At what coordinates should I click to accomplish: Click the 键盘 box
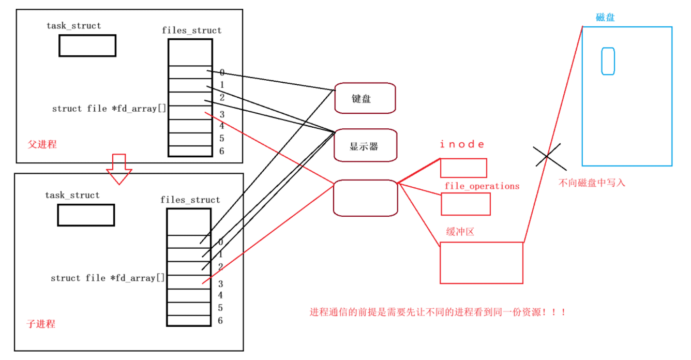click(x=365, y=98)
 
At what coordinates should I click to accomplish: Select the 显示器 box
click(x=365, y=146)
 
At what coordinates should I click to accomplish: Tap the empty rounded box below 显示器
click(x=365, y=198)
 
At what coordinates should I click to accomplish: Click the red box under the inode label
click(x=463, y=168)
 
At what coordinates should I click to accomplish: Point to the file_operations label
click(x=482, y=186)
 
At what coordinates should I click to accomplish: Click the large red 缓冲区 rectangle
click(x=481, y=263)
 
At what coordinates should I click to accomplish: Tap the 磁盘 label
click(x=605, y=18)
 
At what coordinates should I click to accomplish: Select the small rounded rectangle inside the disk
click(x=608, y=61)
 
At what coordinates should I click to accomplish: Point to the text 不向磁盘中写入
click(x=592, y=183)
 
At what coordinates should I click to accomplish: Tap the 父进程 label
click(x=42, y=144)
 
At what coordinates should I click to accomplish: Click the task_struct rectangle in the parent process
click(x=87, y=46)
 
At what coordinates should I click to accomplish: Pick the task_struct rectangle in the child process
click(x=86, y=215)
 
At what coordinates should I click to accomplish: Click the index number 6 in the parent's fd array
click(x=221, y=151)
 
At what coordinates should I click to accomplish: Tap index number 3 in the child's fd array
click(x=220, y=283)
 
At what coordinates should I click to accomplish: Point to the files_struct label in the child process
click(x=190, y=200)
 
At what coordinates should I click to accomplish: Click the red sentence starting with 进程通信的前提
click(x=438, y=312)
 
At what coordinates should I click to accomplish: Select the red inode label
click(x=462, y=144)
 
